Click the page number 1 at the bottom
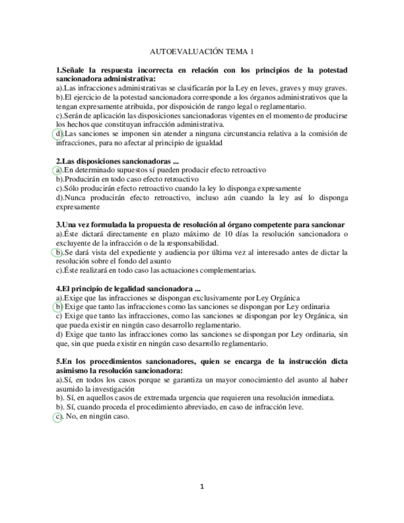coord(202,486)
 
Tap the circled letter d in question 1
coord(59,133)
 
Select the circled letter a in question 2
coord(58,170)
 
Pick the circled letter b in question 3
coord(59,252)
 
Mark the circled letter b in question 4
coord(59,307)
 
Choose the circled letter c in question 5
coord(58,416)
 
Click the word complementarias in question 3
coord(223,270)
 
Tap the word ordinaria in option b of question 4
coord(311,307)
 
